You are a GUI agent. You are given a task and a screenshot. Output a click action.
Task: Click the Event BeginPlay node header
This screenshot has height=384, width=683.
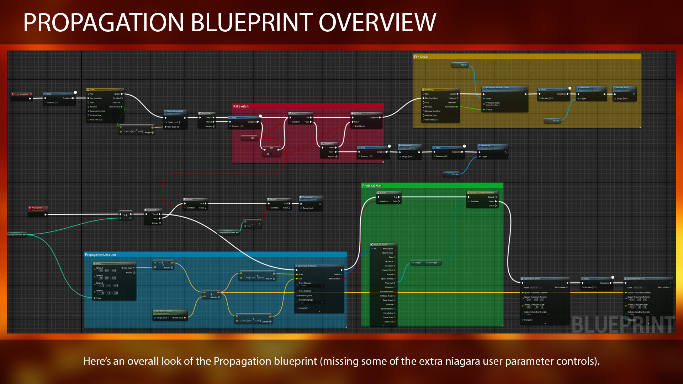pyautogui.click(x=21, y=94)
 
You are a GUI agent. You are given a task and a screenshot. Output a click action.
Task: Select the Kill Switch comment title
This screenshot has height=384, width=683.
pyautogui.click(x=241, y=106)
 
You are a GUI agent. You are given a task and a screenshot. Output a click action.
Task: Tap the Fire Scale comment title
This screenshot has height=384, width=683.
pyautogui.click(x=421, y=57)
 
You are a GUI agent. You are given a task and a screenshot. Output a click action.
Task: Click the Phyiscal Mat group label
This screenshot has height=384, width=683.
pyautogui.click(x=372, y=186)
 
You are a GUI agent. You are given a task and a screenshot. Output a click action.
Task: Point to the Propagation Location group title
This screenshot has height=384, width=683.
pyautogui.click(x=100, y=255)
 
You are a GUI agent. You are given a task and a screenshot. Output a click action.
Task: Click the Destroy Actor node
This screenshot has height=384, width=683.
pyautogui.click(x=624, y=88)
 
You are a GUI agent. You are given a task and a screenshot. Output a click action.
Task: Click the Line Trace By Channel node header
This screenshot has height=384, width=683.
pyautogui.click(x=319, y=266)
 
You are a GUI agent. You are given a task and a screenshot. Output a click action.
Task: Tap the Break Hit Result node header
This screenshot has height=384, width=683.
pyautogui.click(x=383, y=245)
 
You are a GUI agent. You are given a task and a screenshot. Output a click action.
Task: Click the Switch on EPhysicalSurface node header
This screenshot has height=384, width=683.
pyautogui.click(x=482, y=193)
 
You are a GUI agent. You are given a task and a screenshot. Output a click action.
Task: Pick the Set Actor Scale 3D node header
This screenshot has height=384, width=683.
pyautogui.click(x=175, y=111)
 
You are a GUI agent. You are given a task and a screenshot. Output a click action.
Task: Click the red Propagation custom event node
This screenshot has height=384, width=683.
pyautogui.click(x=38, y=209)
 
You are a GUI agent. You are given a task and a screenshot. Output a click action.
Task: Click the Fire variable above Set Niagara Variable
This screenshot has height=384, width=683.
pyautogui.click(x=461, y=65)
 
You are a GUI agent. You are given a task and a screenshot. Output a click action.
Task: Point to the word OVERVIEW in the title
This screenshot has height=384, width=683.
pyautogui.click(x=377, y=23)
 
